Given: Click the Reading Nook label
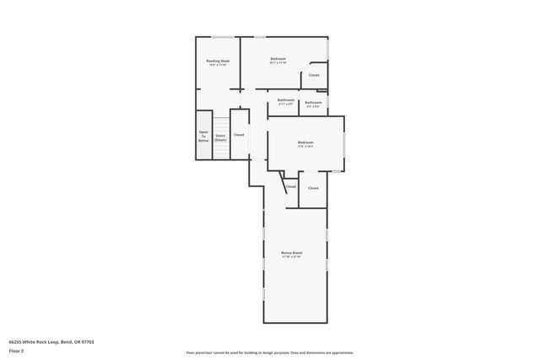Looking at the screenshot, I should pyautogui.click(x=219, y=60).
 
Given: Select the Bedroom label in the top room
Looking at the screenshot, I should pyautogui.click(x=278, y=58).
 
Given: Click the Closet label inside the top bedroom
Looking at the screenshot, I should pyautogui.click(x=314, y=75).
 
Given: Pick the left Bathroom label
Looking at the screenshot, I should pyautogui.click(x=285, y=101).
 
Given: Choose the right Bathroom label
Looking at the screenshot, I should pyautogui.click(x=313, y=101).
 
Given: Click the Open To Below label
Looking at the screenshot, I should pyautogui.click(x=203, y=136).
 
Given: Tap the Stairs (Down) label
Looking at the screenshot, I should pyautogui.click(x=220, y=137).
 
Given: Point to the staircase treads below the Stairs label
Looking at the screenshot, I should pyautogui.click(x=220, y=149).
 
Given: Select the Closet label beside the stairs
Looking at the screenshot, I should pyautogui.click(x=239, y=135).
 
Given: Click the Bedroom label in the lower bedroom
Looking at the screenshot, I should pyautogui.click(x=305, y=142).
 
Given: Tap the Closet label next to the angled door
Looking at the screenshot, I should pyautogui.click(x=291, y=186).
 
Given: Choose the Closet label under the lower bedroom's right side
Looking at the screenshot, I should pyautogui.click(x=313, y=187).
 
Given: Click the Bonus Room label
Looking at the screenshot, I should pyautogui.click(x=292, y=252).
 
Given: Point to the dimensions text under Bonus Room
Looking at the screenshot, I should pyautogui.click(x=292, y=257).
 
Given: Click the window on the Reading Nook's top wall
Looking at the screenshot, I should pyautogui.click(x=223, y=37).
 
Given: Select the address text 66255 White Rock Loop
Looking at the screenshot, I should pyautogui.click(x=51, y=342).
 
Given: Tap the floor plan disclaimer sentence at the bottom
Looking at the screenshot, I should pyautogui.click(x=269, y=352).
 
